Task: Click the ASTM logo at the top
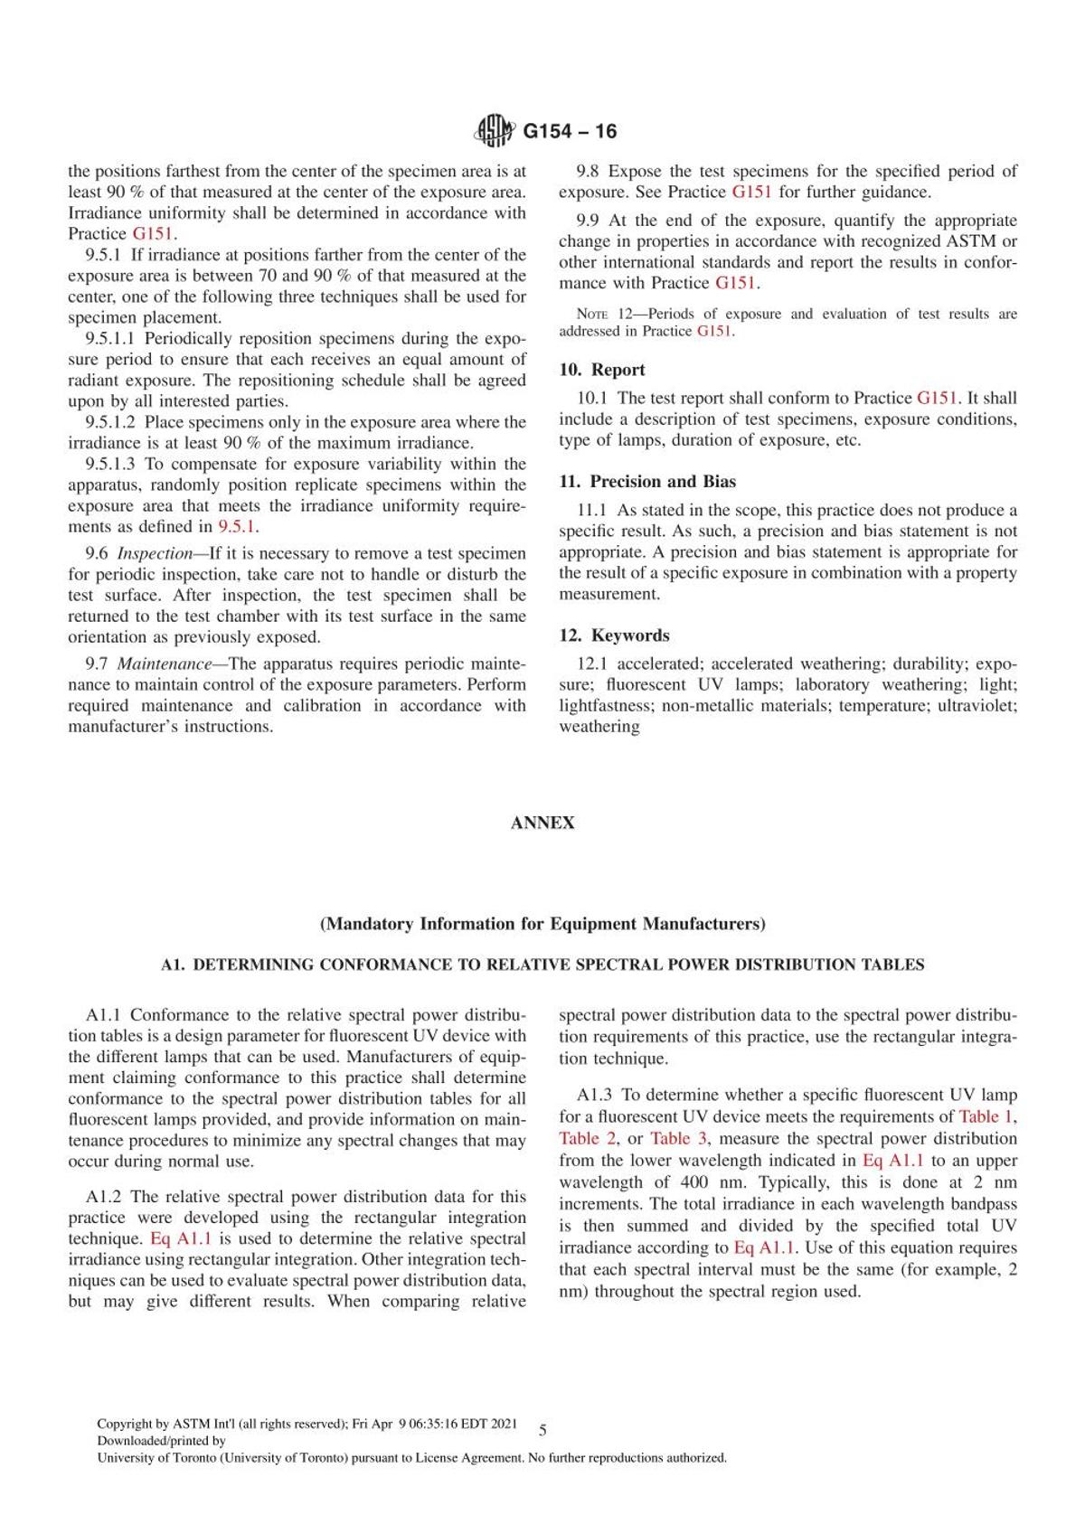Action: pos(493,132)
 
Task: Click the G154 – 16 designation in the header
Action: pos(571,132)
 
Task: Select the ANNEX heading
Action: pos(542,823)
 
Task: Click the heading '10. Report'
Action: pos(602,370)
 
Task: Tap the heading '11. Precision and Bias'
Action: pos(647,482)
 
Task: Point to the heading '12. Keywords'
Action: pos(614,635)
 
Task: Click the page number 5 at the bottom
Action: pos(542,1431)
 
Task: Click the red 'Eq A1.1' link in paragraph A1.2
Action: pos(180,1238)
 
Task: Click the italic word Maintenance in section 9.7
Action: pos(159,663)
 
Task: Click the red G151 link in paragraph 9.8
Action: pos(751,192)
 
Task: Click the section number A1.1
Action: pos(105,1015)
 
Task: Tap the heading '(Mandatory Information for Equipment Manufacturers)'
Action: pos(542,924)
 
